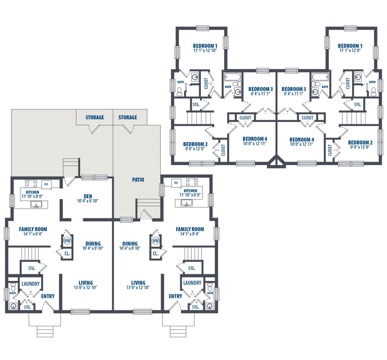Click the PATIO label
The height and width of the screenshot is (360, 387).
(138, 180)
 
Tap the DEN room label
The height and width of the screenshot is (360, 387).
(88, 196)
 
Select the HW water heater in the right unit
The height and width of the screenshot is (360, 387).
(155, 241)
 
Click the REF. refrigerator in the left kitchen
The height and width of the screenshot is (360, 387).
(46, 184)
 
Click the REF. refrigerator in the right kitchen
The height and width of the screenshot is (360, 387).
(176, 183)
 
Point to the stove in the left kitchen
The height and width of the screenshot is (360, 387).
(31, 184)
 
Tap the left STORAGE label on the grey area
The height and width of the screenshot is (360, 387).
(94, 117)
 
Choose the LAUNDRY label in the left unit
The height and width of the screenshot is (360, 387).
(30, 284)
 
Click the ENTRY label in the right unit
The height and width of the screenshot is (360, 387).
(175, 296)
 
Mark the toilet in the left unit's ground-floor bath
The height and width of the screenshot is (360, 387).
(13, 287)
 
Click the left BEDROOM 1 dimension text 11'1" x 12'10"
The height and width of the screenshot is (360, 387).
(205, 50)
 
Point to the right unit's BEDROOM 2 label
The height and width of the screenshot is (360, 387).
(360, 142)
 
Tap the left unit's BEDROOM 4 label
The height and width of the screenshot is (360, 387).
(255, 139)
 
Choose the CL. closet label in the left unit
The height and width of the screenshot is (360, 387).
(67, 253)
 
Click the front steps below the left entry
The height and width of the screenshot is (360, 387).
(45, 332)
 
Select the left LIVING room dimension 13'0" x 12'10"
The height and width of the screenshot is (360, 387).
(85, 287)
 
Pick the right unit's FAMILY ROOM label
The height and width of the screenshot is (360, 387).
(190, 229)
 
